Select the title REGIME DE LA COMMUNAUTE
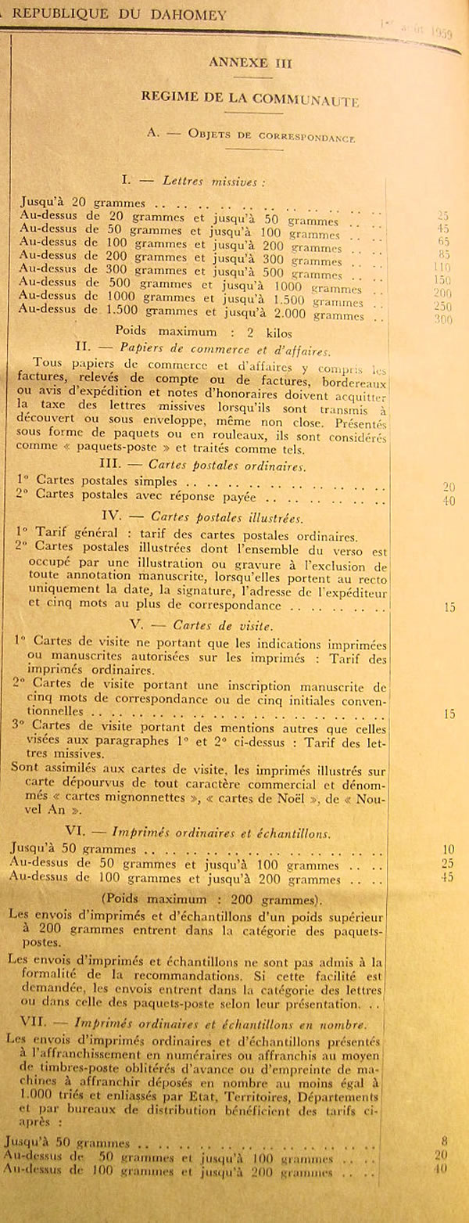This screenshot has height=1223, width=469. click(x=250, y=99)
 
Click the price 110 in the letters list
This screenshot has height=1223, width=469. click(x=443, y=267)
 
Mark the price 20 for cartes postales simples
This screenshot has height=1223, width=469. click(x=448, y=487)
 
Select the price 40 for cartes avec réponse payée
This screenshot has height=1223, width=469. click(x=448, y=501)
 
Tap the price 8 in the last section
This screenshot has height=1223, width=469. click(x=445, y=1142)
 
